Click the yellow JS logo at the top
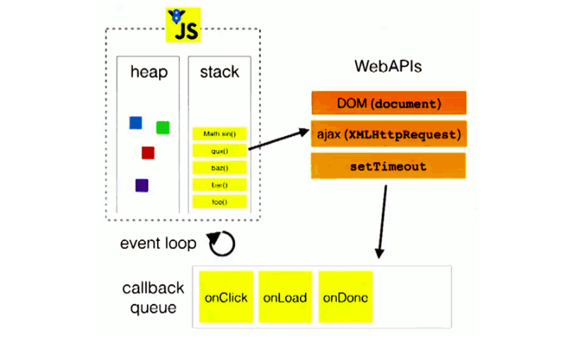(183, 25)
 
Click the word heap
(149, 72)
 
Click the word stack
(219, 72)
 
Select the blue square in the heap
(136, 123)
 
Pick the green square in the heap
(163, 127)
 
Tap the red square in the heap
(148, 153)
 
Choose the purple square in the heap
(141, 185)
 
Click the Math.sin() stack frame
(219, 133)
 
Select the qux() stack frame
(219, 150)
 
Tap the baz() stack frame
(219, 168)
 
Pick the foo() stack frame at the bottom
(219, 202)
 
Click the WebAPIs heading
(388, 67)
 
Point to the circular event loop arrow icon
(220, 243)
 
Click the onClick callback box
(226, 297)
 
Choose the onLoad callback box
(285, 297)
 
